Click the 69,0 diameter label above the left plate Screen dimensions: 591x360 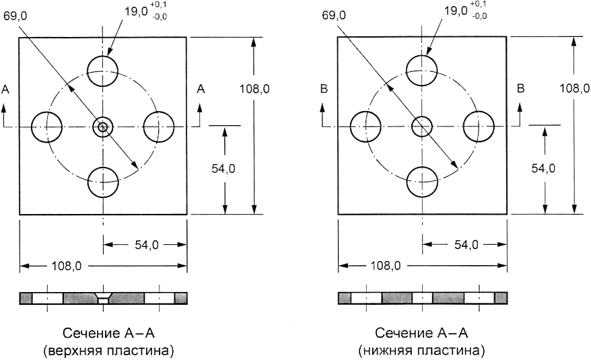(15, 15)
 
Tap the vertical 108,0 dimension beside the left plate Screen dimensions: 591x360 (254, 89)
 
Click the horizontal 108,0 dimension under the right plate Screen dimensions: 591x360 (386, 266)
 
